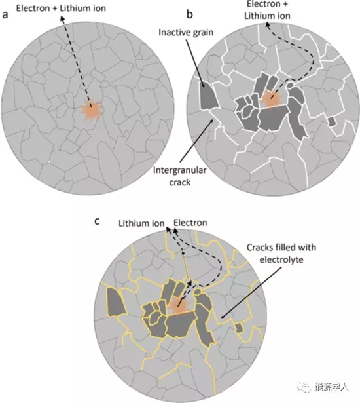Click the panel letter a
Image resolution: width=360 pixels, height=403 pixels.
click(5, 15)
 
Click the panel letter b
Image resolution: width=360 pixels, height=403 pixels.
click(190, 14)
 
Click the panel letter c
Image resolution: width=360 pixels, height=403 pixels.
click(97, 221)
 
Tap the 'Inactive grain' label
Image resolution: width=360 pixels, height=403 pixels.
click(186, 33)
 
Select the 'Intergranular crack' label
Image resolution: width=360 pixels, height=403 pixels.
click(180, 176)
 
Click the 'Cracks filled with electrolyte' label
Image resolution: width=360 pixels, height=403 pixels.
click(281, 254)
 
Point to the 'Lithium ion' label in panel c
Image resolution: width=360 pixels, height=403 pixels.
click(141, 223)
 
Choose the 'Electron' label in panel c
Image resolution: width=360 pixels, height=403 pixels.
click(190, 223)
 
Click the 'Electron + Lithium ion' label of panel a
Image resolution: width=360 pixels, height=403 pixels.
click(61, 9)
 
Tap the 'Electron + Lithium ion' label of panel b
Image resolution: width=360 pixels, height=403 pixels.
click(267, 10)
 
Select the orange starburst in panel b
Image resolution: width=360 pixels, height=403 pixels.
click(270, 99)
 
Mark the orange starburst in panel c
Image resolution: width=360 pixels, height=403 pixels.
click(178, 305)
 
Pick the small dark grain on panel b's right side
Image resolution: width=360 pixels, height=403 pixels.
click(333, 121)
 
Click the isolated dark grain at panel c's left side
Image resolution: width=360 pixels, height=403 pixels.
click(116, 301)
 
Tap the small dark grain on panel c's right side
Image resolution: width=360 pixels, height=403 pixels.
click(239, 328)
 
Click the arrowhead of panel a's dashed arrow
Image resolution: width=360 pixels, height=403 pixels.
click(62, 18)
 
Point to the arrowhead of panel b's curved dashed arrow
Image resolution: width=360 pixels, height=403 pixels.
click(267, 25)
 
